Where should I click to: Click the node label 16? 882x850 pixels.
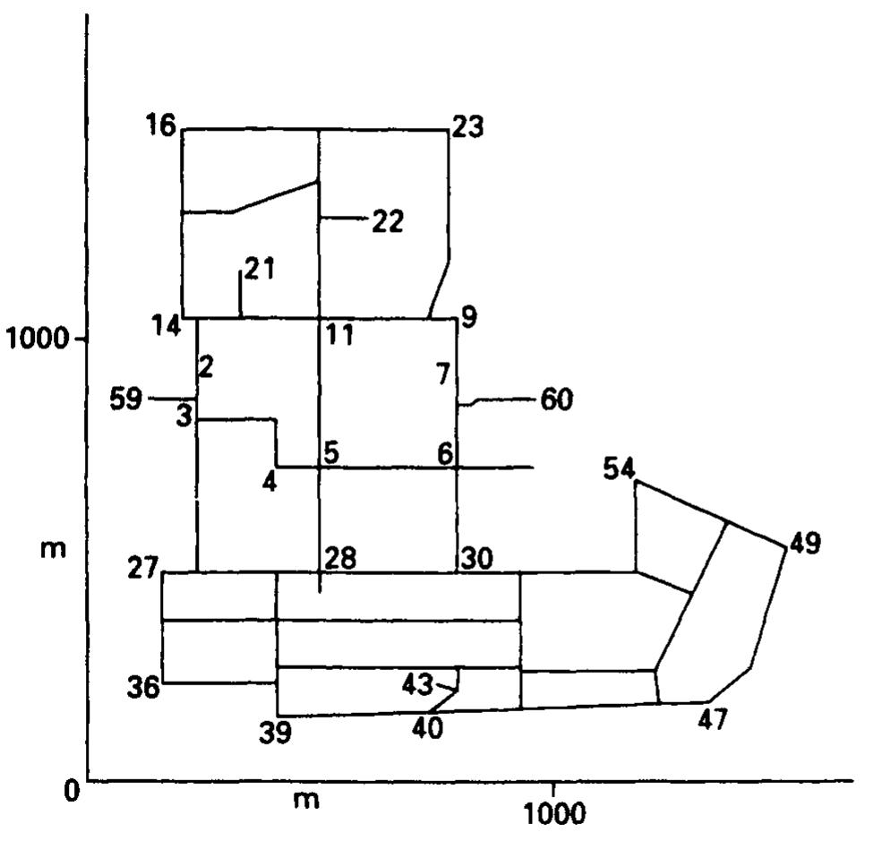click(x=161, y=124)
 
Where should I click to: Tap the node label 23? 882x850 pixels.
click(x=468, y=126)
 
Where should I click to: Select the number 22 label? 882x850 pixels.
click(x=388, y=221)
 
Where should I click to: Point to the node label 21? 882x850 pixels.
click(x=260, y=269)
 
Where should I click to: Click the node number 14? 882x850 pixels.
click(x=167, y=326)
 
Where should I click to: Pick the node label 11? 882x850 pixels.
click(x=339, y=335)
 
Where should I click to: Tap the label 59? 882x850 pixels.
click(x=125, y=399)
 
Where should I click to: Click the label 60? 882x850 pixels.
click(x=556, y=400)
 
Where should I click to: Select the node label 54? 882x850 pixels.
click(x=620, y=468)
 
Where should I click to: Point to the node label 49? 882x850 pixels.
click(x=805, y=543)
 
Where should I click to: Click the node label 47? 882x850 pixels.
click(x=713, y=719)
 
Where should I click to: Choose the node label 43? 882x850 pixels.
click(x=417, y=685)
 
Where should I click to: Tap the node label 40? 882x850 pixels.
click(x=427, y=728)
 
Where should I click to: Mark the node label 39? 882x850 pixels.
click(x=276, y=733)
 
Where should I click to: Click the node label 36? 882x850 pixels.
click(x=143, y=687)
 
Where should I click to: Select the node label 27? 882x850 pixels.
click(x=143, y=568)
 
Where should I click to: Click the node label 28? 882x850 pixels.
click(x=341, y=558)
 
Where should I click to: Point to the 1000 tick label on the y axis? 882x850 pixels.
click(x=37, y=339)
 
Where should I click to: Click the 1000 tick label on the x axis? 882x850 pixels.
click(x=554, y=813)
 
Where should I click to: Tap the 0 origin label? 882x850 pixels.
click(x=72, y=792)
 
